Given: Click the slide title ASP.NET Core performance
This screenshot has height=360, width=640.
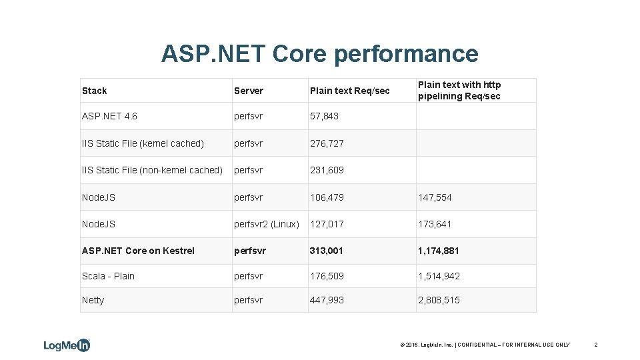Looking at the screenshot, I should (x=319, y=53).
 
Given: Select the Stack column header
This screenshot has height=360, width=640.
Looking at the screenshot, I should (x=94, y=91).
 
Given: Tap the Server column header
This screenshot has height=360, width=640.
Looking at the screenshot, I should (x=248, y=91).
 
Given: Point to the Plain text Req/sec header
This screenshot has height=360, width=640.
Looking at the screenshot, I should (x=349, y=91).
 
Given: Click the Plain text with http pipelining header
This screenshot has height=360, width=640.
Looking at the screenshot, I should (x=459, y=91).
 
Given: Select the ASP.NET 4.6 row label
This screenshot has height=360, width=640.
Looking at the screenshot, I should (x=109, y=116).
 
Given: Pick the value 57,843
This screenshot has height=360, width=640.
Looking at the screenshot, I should (x=324, y=116).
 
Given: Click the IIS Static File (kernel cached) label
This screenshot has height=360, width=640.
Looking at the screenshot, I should (x=143, y=143).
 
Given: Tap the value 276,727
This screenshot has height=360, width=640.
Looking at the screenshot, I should (x=327, y=143).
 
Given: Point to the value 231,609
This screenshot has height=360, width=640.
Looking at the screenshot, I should (x=327, y=170).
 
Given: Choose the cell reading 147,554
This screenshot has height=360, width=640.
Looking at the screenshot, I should (x=435, y=197).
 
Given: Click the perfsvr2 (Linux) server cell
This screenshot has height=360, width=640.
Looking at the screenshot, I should (x=266, y=224).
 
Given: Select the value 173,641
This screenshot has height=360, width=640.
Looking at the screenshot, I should (x=435, y=224).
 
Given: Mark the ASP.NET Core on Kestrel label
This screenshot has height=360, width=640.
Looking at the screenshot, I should (x=138, y=251).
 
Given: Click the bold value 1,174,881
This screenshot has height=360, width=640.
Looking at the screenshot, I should (x=439, y=251).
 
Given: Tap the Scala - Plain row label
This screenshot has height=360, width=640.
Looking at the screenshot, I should (x=108, y=276).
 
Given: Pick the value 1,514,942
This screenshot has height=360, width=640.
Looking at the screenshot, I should (x=439, y=276).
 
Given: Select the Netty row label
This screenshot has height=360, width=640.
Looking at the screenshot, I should (x=93, y=300).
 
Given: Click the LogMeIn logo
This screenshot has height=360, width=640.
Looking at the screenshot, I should (x=67, y=345).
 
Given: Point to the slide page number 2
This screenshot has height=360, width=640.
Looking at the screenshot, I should (x=595, y=345).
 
